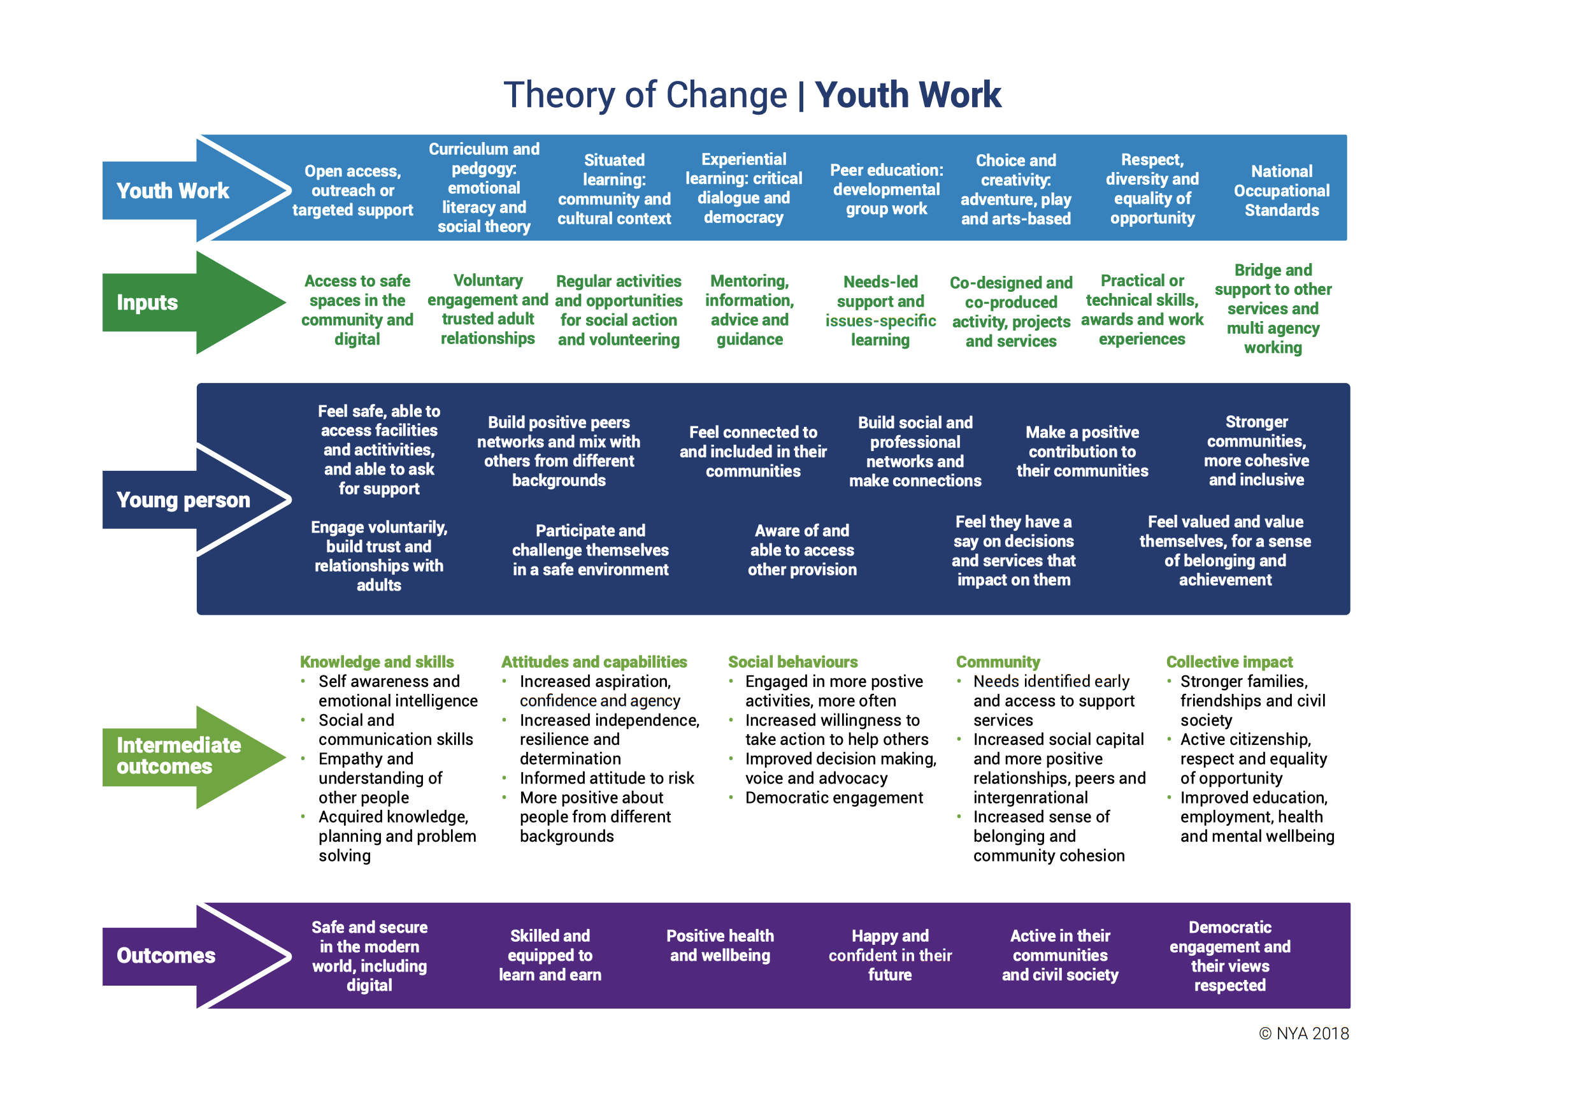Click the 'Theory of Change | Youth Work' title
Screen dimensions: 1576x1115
point(752,95)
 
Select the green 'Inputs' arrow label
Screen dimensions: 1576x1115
point(147,302)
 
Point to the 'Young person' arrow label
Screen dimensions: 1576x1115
point(183,500)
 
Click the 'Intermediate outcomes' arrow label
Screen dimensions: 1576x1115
point(178,755)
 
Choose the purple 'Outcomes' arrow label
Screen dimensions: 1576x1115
point(166,955)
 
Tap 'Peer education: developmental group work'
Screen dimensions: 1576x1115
point(886,189)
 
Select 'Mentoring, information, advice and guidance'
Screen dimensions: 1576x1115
point(750,310)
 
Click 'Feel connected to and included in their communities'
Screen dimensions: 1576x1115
point(753,451)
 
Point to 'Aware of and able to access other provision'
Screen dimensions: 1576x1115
point(802,549)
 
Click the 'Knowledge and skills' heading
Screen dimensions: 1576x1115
point(377,662)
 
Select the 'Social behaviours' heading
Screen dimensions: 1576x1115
point(793,662)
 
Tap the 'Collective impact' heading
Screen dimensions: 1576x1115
point(1229,662)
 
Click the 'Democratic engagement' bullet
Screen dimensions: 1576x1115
point(834,798)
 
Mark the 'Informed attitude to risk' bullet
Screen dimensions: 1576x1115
point(607,778)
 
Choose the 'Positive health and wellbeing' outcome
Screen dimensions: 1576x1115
point(720,946)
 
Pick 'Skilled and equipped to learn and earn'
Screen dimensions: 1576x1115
point(550,955)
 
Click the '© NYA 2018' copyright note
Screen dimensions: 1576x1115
point(1303,1033)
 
